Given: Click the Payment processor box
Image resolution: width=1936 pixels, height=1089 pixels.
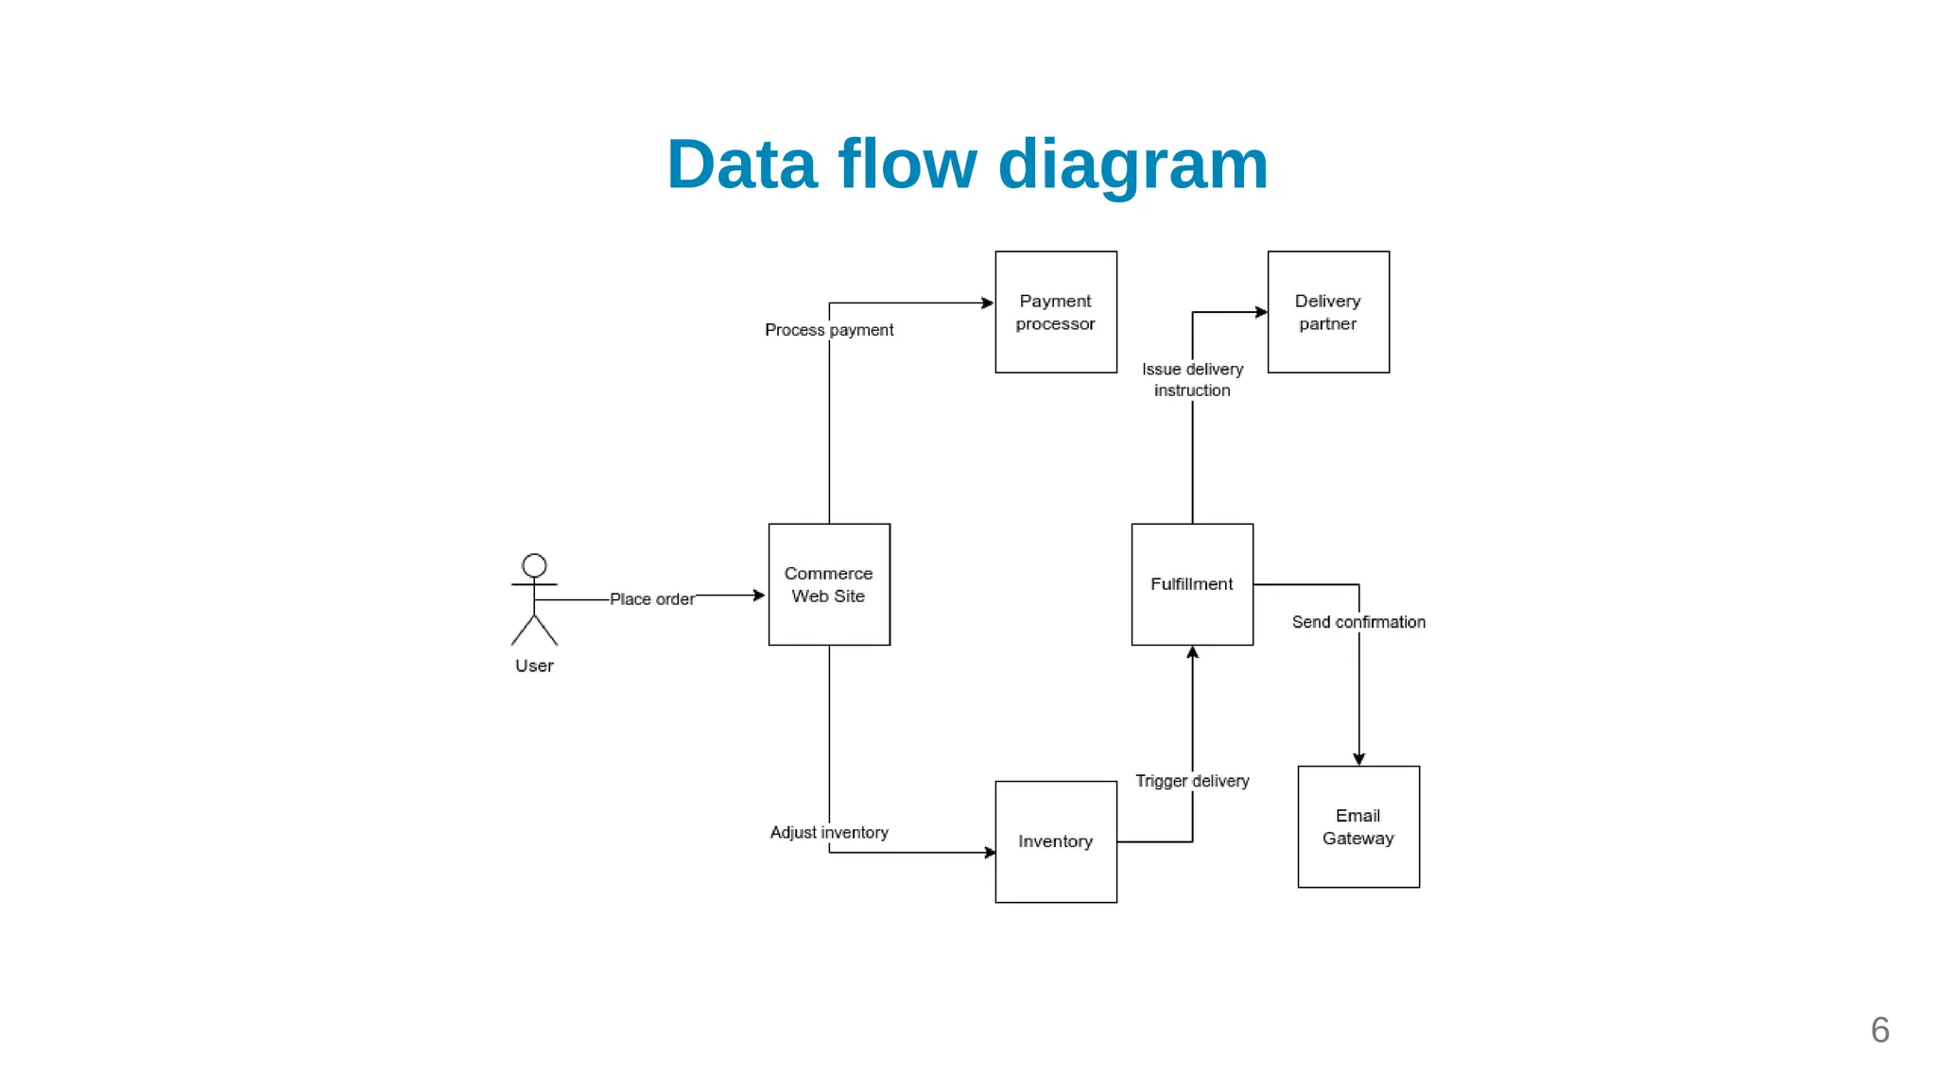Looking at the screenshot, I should click(x=1056, y=312).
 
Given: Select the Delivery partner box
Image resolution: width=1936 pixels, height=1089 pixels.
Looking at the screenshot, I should click(x=1328, y=312).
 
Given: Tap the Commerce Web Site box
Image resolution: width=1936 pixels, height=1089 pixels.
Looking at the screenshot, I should click(x=829, y=584).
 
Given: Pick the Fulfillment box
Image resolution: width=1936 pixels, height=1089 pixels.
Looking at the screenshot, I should click(x=1192, y=584).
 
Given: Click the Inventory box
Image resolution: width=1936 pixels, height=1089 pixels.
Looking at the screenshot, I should click(x=1056, y=841).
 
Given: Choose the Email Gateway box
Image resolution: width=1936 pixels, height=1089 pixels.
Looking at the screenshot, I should click(x=1358, y=826).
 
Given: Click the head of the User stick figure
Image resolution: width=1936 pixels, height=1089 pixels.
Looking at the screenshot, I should click(x=534, y=565).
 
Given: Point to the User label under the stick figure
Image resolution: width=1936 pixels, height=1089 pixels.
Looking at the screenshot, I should click(x=534, y=665).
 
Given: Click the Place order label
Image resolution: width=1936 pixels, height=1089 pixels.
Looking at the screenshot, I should click(x=651, y=599).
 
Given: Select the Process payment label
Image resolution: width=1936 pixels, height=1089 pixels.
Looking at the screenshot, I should click(x=829, y=330).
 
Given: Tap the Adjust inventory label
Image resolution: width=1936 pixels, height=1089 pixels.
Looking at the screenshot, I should click(x=829, y=832).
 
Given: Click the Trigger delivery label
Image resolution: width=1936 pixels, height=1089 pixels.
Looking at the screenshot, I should click(x=1192, y=781).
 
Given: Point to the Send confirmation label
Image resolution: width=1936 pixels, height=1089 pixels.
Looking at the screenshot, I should click(x=1358, y=622).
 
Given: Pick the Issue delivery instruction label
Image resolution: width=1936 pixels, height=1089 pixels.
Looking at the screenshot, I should click(x=1192, y=380).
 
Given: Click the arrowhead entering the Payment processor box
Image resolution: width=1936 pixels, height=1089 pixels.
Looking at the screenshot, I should click(x=988, y=303).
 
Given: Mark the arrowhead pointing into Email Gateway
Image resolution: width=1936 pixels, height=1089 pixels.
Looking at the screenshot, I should click(x=1358, y=759).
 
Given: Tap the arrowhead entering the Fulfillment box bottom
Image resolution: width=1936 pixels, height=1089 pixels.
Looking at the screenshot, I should click(x=1192, y=652).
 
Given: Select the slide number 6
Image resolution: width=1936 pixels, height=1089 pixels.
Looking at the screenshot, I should click(x=1879, y=1030).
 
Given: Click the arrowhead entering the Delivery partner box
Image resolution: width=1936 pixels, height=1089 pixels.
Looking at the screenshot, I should click(x=1261, y=312).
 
